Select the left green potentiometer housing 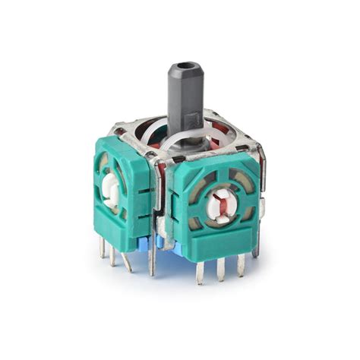point(121,187)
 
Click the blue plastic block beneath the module point(163,243)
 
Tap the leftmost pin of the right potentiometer point(199,270)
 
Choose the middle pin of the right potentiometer point(221,267)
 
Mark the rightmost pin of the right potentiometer point(241,262)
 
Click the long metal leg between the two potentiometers point(152,251)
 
